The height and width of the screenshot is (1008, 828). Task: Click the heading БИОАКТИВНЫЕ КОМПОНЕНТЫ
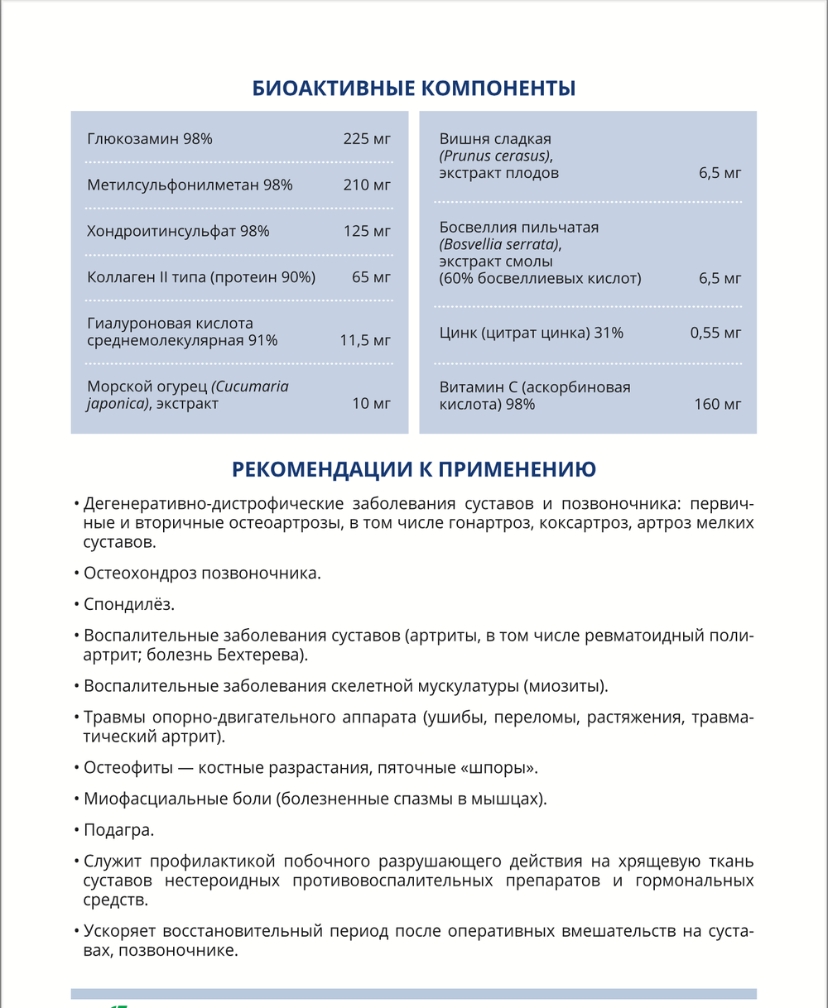pos(413,89)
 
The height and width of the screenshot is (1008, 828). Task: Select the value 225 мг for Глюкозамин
pos(367,139)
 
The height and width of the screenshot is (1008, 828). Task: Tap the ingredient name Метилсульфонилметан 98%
pos(190,185)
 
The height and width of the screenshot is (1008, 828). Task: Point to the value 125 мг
pos(367,232)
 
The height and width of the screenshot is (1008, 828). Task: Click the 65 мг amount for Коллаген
pos(371,277)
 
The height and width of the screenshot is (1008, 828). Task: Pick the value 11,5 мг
pos(365,340)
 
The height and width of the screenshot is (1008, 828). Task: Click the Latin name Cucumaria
pos(250,386)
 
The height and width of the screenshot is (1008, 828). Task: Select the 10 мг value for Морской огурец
pos(371,404)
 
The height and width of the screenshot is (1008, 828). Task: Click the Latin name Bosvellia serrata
pos(499,244)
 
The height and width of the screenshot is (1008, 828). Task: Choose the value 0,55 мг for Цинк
pos(715,333)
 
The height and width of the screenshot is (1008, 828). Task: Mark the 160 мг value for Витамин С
pos(718,405)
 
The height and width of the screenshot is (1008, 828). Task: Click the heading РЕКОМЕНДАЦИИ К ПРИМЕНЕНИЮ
pos(413,470)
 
